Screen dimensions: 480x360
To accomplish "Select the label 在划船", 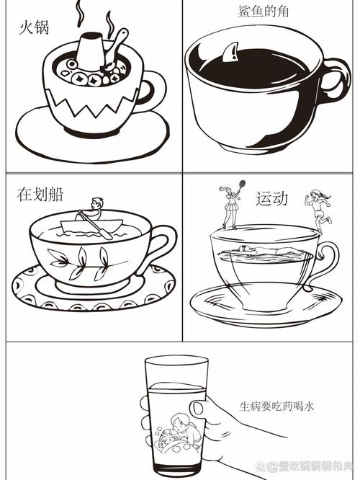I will pos(40,194).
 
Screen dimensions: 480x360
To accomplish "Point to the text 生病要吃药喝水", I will pos(276,406).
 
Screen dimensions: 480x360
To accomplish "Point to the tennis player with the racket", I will pos(230,205).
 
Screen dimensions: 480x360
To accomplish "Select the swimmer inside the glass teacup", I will pos(263,252).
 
